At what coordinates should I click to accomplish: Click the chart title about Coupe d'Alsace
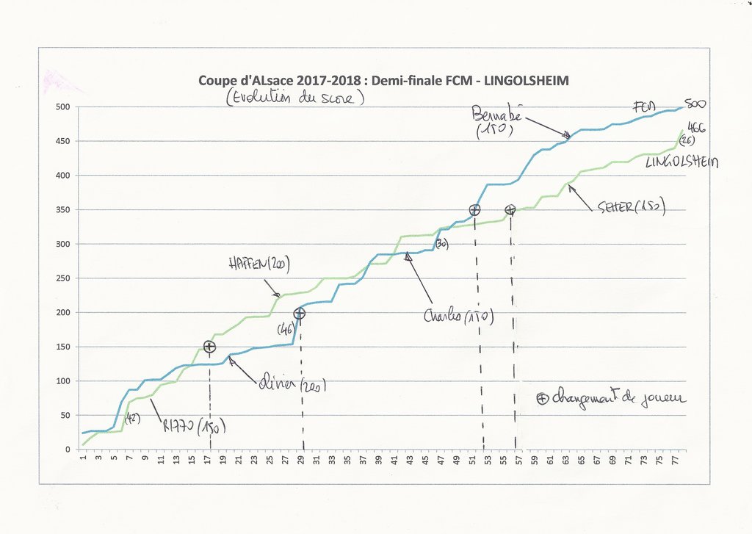click(383, 80)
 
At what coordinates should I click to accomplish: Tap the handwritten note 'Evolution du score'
click(294, 98)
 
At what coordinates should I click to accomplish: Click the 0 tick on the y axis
click(67, 450)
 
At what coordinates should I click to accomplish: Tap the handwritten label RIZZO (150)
click(195, 425)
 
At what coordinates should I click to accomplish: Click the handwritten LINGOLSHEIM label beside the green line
click(681, 162)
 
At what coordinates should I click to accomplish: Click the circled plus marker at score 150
click(209, 347)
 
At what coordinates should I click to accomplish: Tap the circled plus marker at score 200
click(299, 314)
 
